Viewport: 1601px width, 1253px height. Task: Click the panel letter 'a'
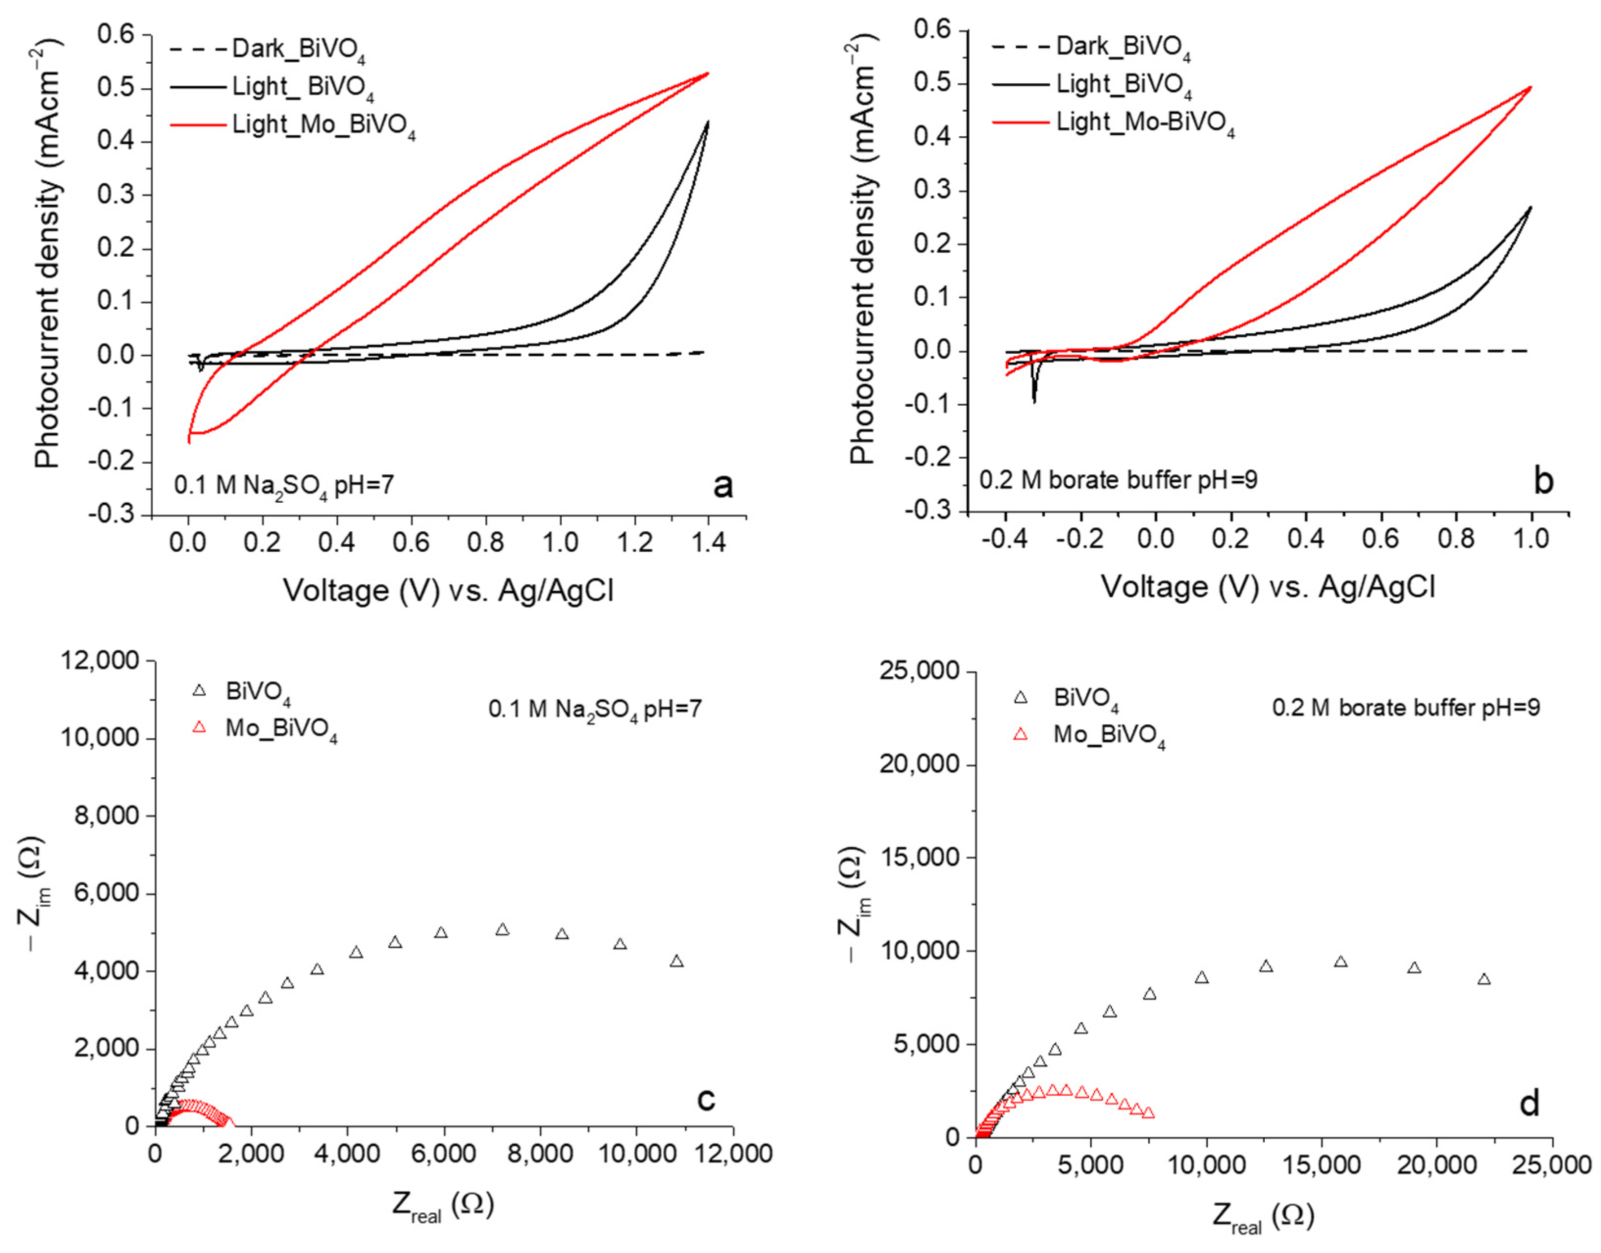[x=723, y=486]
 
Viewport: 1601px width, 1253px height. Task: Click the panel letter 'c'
[x=705, y=1099]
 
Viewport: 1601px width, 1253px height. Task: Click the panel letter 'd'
[x=1528, y=1104]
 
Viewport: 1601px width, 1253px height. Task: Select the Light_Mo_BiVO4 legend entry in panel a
[x=323, y=125]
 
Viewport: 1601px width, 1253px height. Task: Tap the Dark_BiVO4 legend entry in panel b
[x=1123, y=48]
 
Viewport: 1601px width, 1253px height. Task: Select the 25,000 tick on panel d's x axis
[x=1552, y=1166]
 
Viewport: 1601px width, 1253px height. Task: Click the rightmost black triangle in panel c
[x=676, y=961]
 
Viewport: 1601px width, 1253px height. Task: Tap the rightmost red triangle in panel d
[x=1148, y=1112]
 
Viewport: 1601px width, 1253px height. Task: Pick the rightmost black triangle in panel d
[x=1484, y=979]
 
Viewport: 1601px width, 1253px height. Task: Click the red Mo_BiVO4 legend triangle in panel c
[x=199, y=728]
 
